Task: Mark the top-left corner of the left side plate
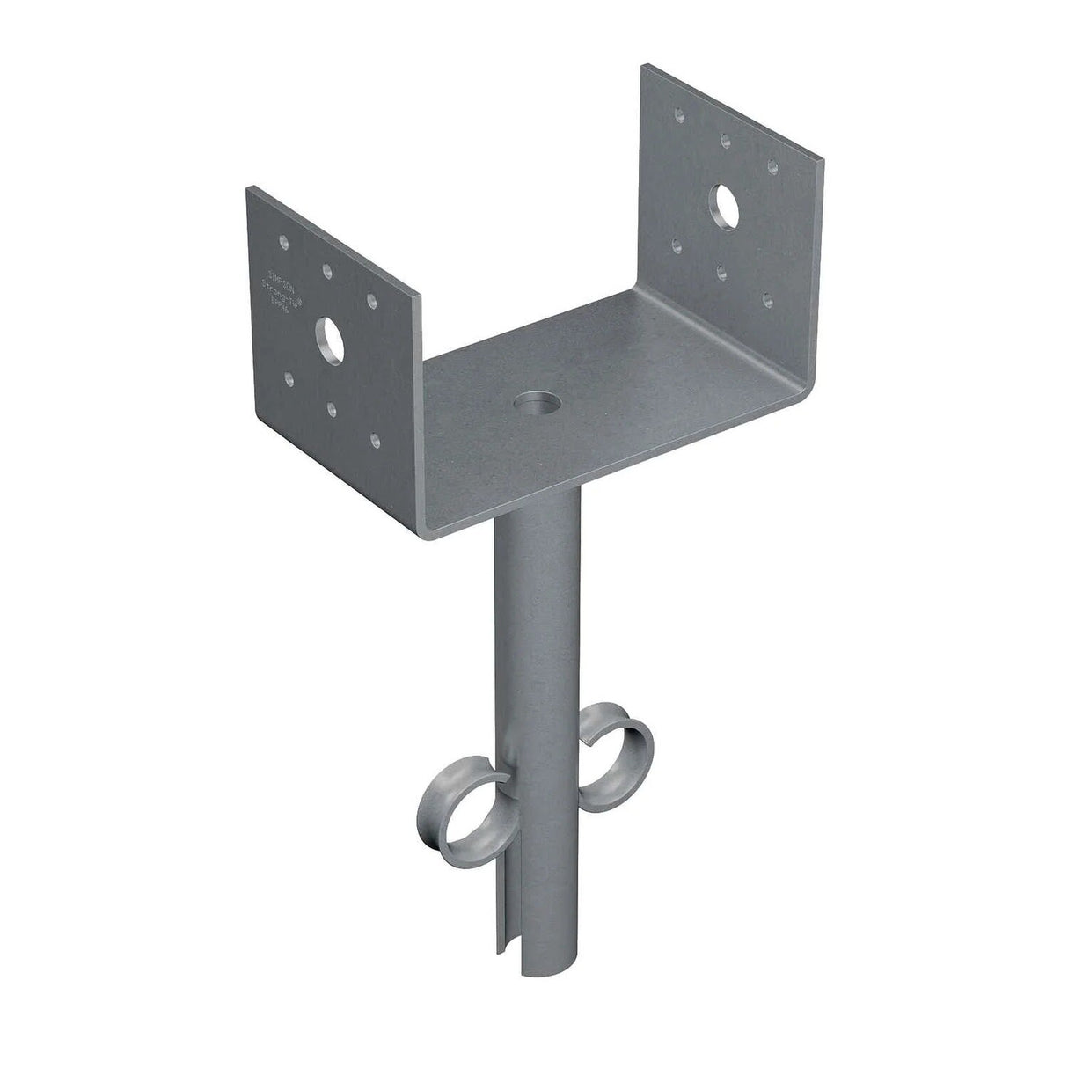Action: (250, 187)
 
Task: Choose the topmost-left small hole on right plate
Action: (678, 115)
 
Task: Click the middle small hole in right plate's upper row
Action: (724, 138)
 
